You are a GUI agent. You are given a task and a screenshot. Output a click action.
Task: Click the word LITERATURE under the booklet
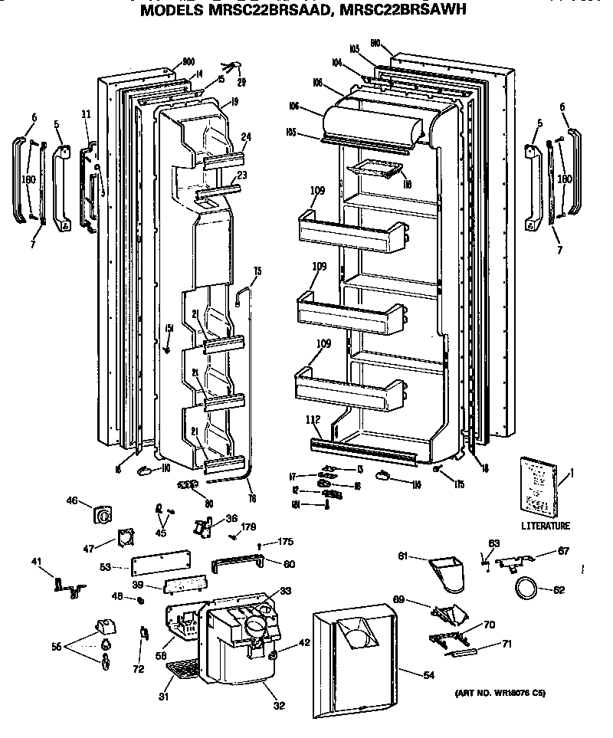(546, 526)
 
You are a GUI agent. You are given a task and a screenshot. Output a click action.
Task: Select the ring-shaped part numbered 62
(524, 589)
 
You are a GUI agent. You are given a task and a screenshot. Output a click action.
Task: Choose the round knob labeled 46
(101, 514)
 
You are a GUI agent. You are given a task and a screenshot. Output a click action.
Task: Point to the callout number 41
(35, 562)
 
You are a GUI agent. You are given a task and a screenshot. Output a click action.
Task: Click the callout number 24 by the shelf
(246, 138)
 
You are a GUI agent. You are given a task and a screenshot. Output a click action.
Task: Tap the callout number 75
(257, 271)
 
